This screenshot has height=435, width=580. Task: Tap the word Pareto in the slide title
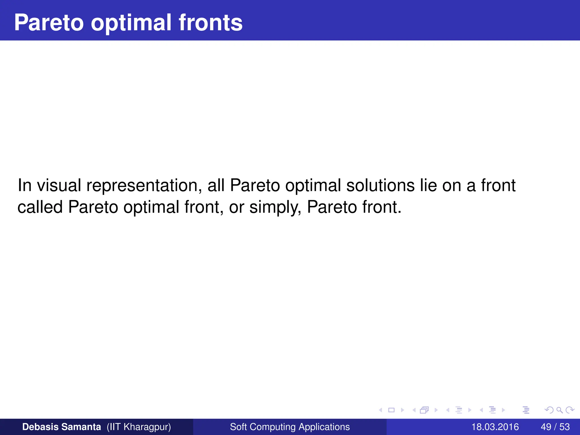pyautogui.click(x=49, y=23)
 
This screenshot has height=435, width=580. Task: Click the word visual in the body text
pyautogui.click(x=59, y=185)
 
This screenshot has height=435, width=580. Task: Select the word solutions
pyautogui.click(x=380, y=185)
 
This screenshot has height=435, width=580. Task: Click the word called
pyautogui.click(x=40, y=207)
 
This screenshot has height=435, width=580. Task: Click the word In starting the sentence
pyautogui.click(x=24, y=185)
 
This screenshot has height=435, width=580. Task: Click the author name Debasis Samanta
pyautogui.click(x=61, y=427)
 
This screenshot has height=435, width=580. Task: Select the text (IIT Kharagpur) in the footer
pyautogui.click(x=139, y=427)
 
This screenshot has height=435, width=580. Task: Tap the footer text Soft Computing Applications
pyautogui.click(x=290, y=427)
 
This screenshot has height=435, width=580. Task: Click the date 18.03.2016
pyautogui.click(x=495, y=427)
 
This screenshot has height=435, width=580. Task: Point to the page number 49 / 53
pyautogui.click(x=555, y=427)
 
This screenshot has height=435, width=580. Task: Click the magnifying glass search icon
pyautogui.click(x=559, y=410)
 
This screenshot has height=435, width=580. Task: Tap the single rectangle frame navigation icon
pyautogui.click(x=391, y=410)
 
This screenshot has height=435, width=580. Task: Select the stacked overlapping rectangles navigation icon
pyautogui.click(x=424, y=410)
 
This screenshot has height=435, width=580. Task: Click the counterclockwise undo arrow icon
pyautogui.click(x=549, y=410)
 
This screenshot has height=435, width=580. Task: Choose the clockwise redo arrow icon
pyautogui.click(x=570, y=410)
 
